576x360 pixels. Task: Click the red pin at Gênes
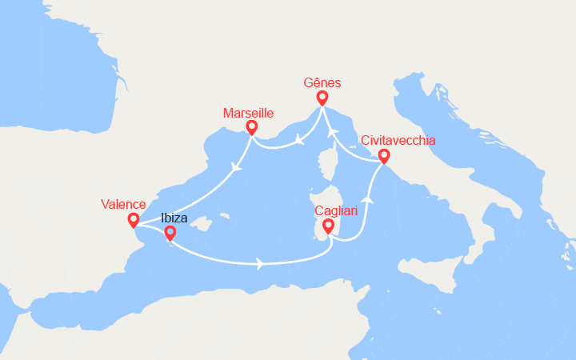click(x=322, y=98)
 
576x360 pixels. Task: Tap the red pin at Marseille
click(x=252, y=126)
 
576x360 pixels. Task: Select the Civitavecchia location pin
click(x=384, y=155)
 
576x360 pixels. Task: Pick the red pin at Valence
click(x=133, y=219)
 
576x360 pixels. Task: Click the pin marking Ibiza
click(x=170, y=233)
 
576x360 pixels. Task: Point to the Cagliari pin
click(x=327, y=227)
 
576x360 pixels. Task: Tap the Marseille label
click(x=248, y=111)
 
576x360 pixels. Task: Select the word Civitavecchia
click(x=398, y=140)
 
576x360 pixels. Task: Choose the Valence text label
click(x=123, y=204)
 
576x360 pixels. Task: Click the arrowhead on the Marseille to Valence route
click(x=235, y=168)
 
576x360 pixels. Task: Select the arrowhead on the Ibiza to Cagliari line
click(x=260, y=263)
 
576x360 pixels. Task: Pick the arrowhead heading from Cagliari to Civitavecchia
click(x=369, y=200)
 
